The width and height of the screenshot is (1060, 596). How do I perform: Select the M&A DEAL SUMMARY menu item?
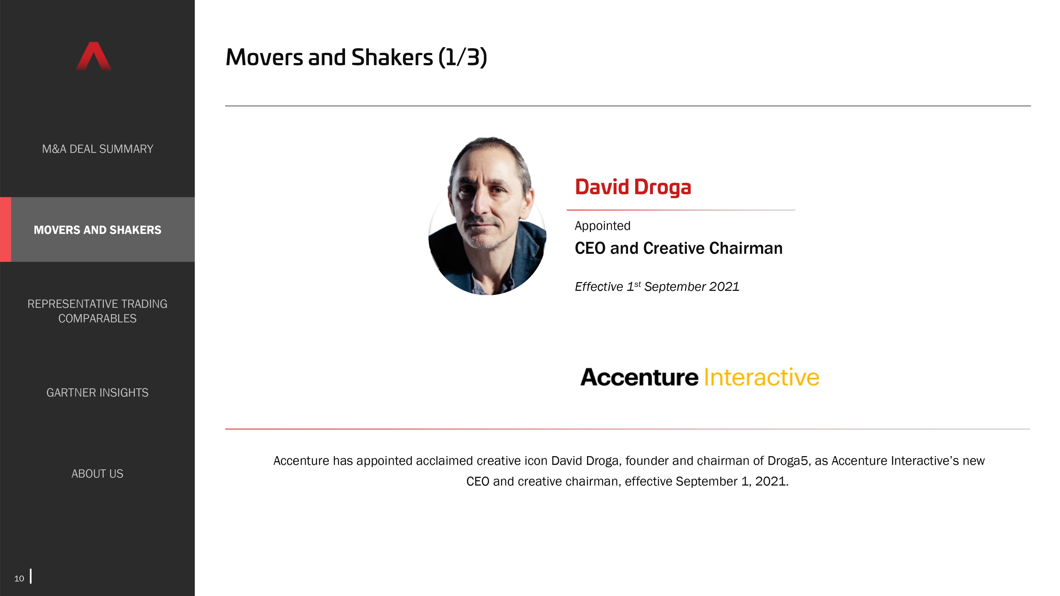pos(98,149)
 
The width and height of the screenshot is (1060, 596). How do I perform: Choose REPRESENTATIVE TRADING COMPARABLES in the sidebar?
pos(98,311)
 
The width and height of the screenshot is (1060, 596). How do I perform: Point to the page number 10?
pos(19,578)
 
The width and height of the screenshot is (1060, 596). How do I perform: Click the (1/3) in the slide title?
pos(462,57)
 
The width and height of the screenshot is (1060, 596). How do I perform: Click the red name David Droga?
pos(633,187)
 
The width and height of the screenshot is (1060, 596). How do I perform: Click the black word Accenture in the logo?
pos(639,377)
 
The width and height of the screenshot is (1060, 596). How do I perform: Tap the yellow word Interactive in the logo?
pos(762,377)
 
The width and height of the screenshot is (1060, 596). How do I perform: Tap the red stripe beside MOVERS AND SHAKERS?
pos(5,229)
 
